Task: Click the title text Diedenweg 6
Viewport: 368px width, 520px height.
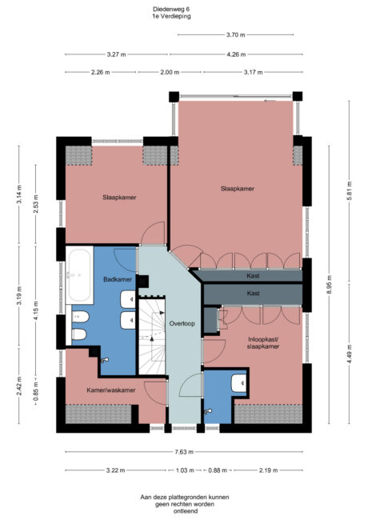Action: click(171, 9)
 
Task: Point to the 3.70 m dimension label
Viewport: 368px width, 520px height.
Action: click(234, 35)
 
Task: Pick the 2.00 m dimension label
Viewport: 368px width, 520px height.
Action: click(169, 72)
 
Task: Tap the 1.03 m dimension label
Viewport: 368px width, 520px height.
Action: click(185, 470)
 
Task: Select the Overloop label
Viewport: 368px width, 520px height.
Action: click(182, 325)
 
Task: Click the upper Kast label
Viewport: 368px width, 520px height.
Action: click(253, 276)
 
